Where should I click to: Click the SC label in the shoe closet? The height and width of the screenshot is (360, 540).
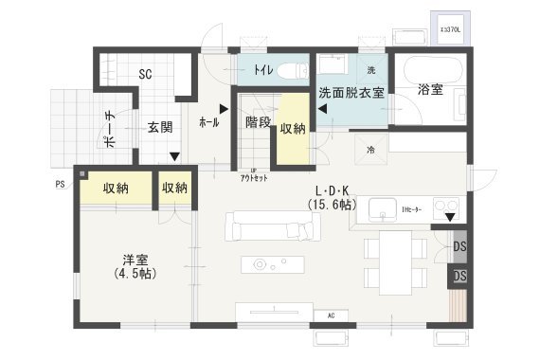146,74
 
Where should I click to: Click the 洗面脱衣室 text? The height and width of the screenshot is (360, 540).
351,93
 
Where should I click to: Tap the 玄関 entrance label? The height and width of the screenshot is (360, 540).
159,125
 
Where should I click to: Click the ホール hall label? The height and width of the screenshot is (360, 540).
209,123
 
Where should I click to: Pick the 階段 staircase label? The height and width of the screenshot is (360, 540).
258,122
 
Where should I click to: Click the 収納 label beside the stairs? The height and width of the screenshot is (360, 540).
292,128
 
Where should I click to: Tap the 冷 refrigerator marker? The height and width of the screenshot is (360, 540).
369,149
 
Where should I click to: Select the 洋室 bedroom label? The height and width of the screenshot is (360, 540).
133,259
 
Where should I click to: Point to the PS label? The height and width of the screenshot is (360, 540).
59,185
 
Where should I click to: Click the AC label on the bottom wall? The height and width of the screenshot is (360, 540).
331,315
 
